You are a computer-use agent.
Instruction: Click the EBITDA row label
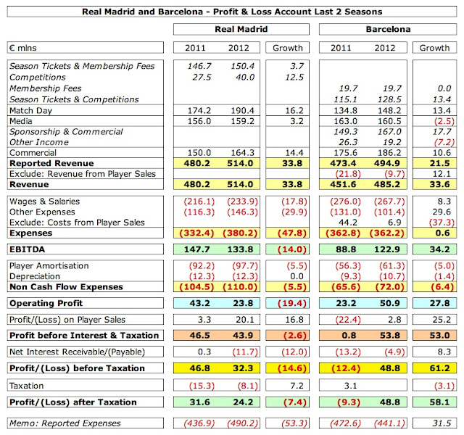click(x=28, y=249)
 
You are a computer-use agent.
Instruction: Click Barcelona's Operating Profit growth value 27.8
click(x=435, y=302)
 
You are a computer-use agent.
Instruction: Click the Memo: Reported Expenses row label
click(x=65, y=423)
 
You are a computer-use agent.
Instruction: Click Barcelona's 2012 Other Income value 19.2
click(x=388, y=143)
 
